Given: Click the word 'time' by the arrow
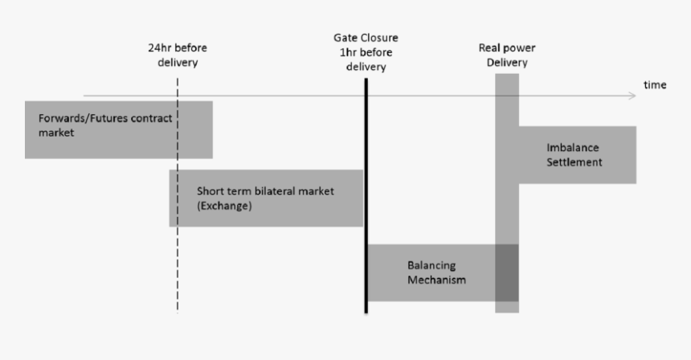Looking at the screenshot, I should (x=654, y=85).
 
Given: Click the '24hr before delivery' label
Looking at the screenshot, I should (x=177, y=55).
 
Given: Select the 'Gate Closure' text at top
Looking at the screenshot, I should (x=366, y=39).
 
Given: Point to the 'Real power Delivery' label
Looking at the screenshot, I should (x=506, y=55).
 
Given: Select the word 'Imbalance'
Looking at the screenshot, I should (x=574, y=148).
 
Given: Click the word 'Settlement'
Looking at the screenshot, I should (x=574, y=162).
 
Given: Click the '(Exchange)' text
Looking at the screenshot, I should (x=224, y=206).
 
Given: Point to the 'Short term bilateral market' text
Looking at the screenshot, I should (x=264, y=191).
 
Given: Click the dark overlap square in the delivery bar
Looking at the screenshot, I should (x=506, y=272).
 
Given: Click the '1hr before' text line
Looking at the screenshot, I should (x=366, y=53).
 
